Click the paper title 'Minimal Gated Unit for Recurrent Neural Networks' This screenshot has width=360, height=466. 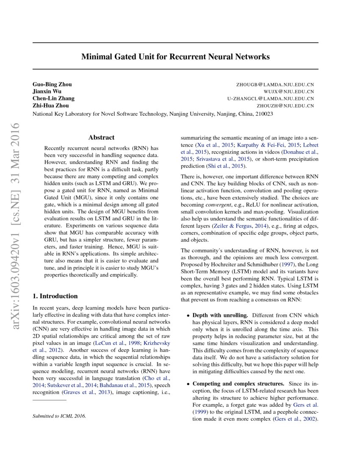(175, 56)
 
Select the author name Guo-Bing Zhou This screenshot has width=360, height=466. (52, 84)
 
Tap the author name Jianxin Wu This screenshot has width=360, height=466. (47, 92)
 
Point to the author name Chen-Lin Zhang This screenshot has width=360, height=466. (53, 99)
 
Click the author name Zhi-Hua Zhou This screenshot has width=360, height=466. (50, 106)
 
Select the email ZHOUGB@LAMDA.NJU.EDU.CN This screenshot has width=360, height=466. (275, 85)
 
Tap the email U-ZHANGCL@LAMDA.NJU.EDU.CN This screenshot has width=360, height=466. (271, 99)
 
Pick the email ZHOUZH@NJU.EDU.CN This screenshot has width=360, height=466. (286, 106)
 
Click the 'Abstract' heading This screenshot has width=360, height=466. (101, 138)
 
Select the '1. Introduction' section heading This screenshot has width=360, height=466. (55, 296)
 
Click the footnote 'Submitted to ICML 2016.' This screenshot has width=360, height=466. (59, 416)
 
